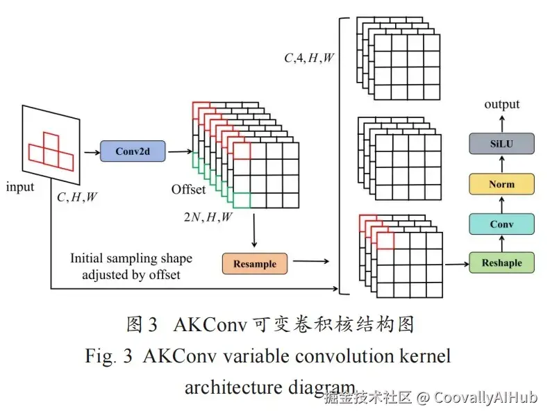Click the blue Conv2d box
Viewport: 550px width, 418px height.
click(x=133, y=151)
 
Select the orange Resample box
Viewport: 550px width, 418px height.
click(x=255, y=264)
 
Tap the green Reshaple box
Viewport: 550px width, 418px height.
click(x=501, y=262)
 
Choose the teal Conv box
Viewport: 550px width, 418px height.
click(x=501, y=224)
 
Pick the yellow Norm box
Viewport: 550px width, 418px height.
click(x=501, y=184)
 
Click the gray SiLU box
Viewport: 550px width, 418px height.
click(x=501, y=144)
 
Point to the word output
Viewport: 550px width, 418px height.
click(x=501, y=104)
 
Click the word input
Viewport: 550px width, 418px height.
click(x=20, y=187)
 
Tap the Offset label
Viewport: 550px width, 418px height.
click(x=188, y=190)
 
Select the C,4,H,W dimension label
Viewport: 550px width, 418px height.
click(x=309, y=58)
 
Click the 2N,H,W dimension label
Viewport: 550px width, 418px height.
click(x=208, y=217)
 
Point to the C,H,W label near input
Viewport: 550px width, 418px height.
click(x=77, y=197)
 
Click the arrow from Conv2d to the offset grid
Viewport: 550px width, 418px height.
click(x=181, y=152)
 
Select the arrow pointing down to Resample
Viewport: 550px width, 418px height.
click(x=254, y=231)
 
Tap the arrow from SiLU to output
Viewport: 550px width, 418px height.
click(x=502, y=124)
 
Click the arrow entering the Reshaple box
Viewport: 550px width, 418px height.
click(x=457, y=264)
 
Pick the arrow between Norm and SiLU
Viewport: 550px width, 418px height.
click(x=502, y=164)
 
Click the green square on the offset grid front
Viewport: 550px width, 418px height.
click(x=242, y=200)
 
